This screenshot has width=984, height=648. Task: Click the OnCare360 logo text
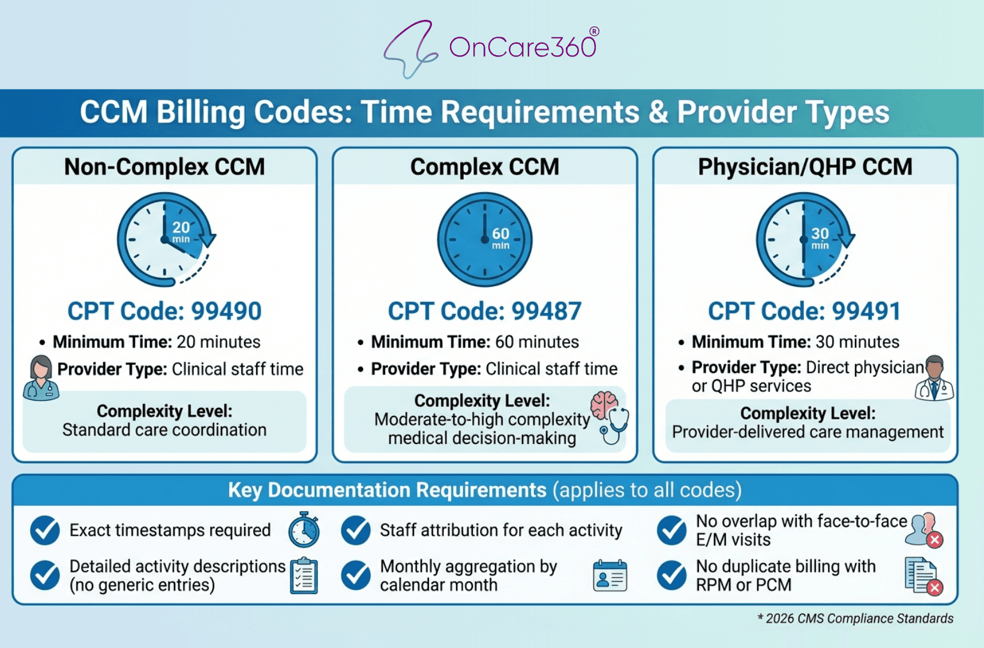pyautogui.click(x=522, y=47)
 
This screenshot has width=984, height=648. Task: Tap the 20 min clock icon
pyautogui.click(x=165, y=239)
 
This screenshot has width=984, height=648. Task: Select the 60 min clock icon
pyautogui.click(x=485, y=239)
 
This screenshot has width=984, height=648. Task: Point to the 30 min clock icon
pyautogui.click(x=804, y=239)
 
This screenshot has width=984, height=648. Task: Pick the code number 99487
pyautogui.click(x=546, y=311)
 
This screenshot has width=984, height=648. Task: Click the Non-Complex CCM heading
pyautogui.click(x=164, y=167)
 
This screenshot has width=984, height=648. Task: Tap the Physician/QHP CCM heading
pyautogui.click(x=805, y=167)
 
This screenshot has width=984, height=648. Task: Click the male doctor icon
pyautogui.click(x=934, y=378)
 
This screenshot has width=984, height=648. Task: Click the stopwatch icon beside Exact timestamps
pyautogui.click(x=304, y=530)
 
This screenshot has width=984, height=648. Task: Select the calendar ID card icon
pyautogui.click(x=610, y=576)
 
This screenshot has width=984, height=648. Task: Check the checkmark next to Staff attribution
pyautogui.click(x=356, y=530)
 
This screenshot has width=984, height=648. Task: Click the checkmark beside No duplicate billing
pyautogui.click(x=671, y=575)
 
